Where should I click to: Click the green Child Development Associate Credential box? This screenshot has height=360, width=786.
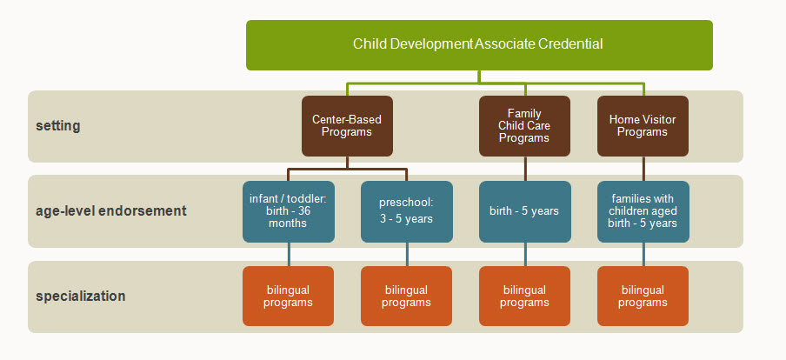tap(479, 45)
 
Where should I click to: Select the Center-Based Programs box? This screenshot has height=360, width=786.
tap(347, 126)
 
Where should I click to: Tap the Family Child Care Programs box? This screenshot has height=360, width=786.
tap(524, 126)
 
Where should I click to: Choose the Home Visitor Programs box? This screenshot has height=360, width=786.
tap(643, 126)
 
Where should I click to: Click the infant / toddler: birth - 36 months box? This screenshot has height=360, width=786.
tap(289, 211)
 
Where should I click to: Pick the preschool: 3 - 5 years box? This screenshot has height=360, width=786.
tap(407, 211)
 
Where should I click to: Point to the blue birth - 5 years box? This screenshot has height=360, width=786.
tap(525, 211)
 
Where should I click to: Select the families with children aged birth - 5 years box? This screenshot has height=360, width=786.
tap(643, 211)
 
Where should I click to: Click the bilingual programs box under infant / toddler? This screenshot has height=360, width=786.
tap(289, 296)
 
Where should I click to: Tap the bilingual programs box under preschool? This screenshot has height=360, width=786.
tap(407, 296)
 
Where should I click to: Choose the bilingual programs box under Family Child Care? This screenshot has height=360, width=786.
tap(525, 296)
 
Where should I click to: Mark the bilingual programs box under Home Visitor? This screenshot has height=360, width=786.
tap(643, 296)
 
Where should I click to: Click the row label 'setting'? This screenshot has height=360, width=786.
tap(57, 126)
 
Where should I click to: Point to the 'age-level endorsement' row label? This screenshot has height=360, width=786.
tap(110, 210)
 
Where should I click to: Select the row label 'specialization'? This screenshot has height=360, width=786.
tap(80, 297)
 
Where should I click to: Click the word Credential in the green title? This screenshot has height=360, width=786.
tap(570, 43)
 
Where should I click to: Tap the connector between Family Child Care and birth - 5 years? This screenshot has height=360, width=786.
tap(525, 169)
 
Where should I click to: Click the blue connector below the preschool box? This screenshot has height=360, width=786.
tap(407, 254)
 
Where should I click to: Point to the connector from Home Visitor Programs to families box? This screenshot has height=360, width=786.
tap(643, 169)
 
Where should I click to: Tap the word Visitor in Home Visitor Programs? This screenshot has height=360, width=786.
tap(657, 120)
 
